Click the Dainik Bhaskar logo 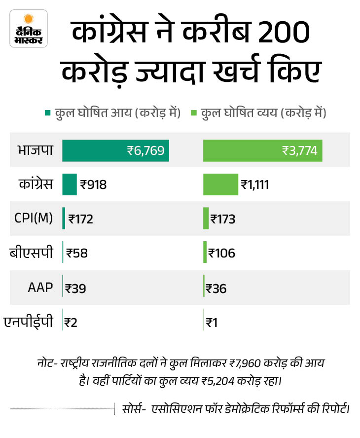point(29,29)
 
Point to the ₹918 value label point(94,185)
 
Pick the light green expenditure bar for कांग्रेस point(220,184)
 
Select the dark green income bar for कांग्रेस point(70,184)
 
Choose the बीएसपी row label point(32,253)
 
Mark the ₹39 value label point(75,288)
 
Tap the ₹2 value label point(71,323)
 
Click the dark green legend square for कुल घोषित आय point(47,113)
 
